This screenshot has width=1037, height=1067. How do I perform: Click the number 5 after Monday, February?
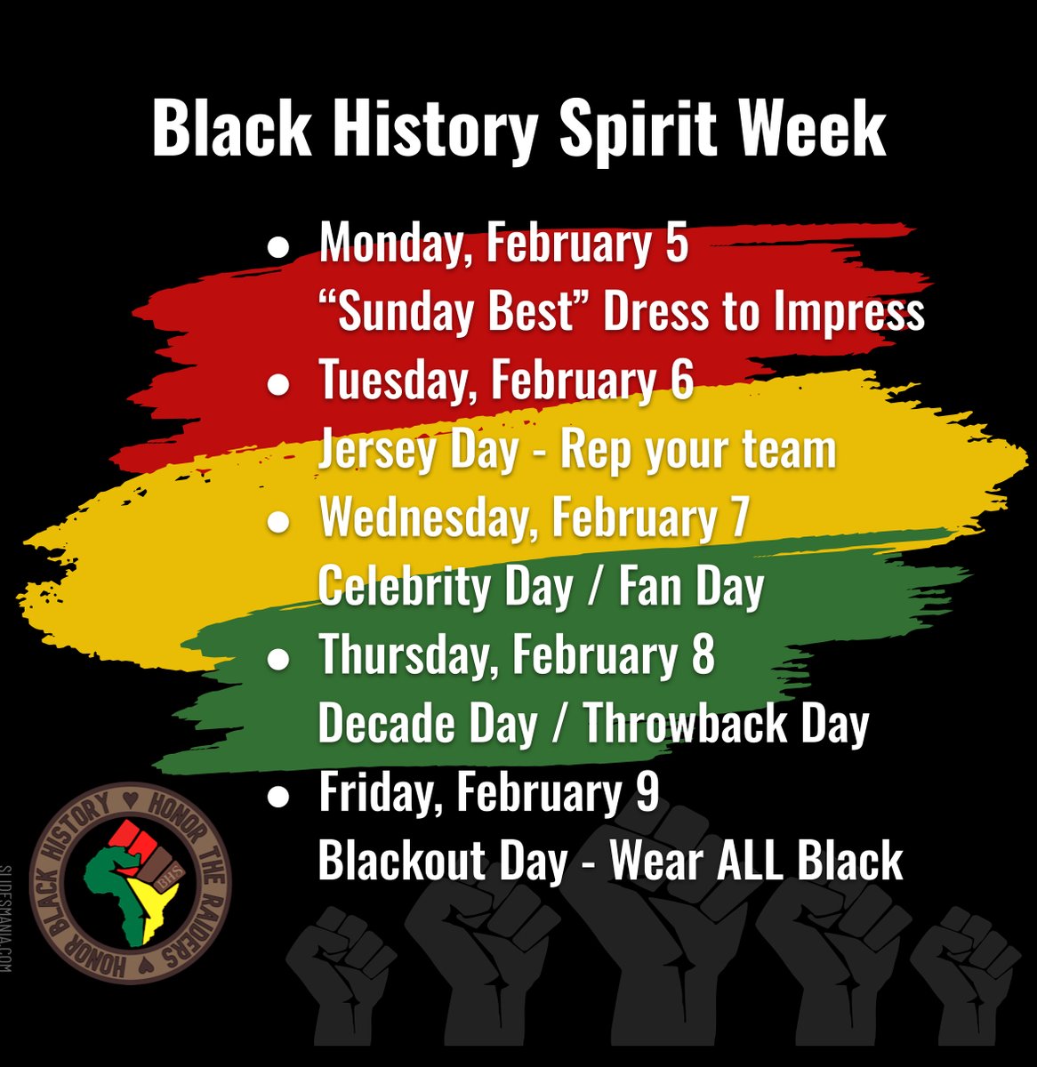[x=676, y=244]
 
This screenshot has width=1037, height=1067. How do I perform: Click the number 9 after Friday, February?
[x=647, y=792]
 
